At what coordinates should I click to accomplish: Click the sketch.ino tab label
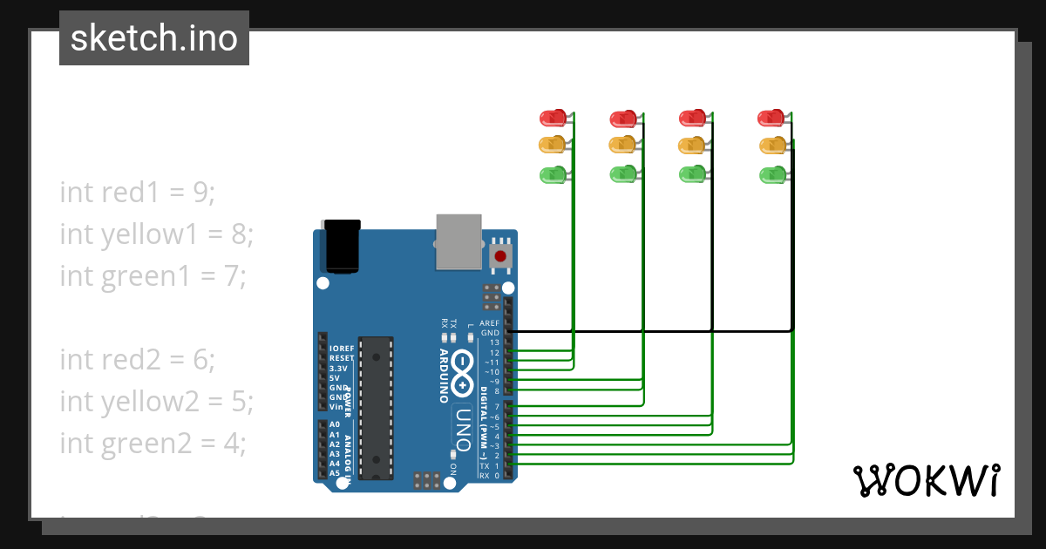pos(154,38)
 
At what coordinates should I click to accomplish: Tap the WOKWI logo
pos(926,481)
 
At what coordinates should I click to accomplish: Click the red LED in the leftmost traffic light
pos(553,117)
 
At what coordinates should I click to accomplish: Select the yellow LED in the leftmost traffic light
pos(553,144)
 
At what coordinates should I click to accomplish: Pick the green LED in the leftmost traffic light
pos(553,174)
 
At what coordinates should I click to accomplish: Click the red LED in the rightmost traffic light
pos(771,117)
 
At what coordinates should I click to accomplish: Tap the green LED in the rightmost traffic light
pos(771,174)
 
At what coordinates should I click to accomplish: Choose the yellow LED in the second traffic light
pos(621,144)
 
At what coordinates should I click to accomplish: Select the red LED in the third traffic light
pos(692,117)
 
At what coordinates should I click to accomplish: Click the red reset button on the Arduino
pos(500,256)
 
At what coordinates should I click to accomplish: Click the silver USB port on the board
pos(458,241)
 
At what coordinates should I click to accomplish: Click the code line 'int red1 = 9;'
pos(137,192)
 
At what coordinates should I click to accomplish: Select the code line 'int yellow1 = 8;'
pos(156,234)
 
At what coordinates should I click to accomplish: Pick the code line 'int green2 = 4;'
pos(153,443)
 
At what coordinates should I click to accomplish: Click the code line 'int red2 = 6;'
pos(137,359)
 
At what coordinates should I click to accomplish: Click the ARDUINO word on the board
pos(443,376)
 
